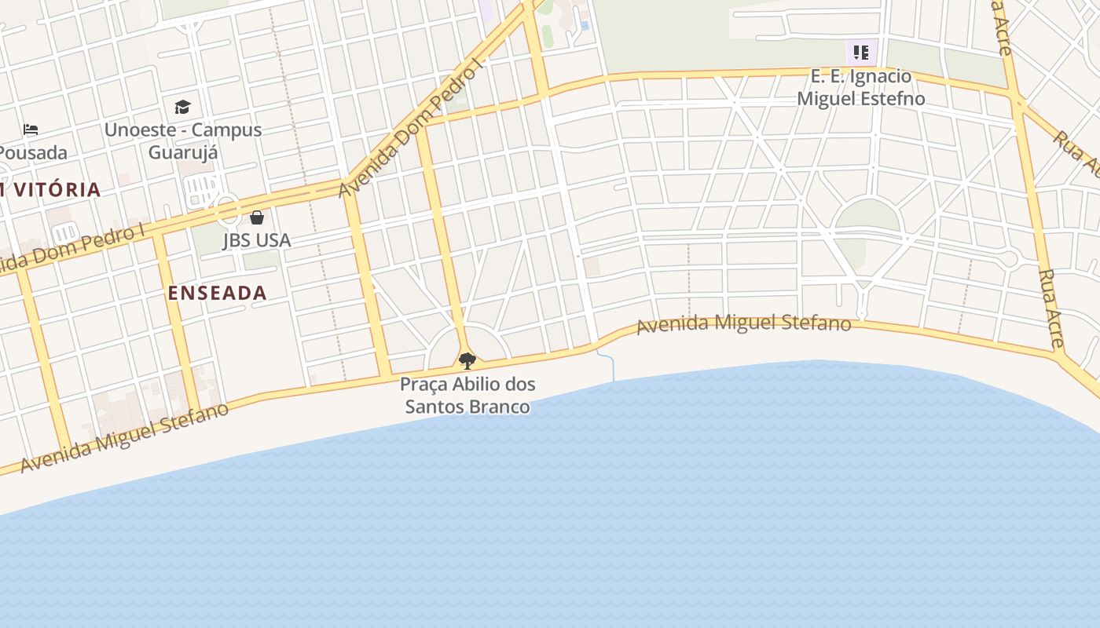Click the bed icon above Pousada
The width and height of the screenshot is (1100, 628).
[31, 129]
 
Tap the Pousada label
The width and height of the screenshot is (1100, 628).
[33, 152]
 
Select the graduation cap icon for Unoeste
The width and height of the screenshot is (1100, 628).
[182, 107]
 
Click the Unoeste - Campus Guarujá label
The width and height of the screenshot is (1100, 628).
[183, 141]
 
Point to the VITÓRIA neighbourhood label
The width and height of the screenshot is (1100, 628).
[52, 189]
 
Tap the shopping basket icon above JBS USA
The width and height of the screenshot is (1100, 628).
[257, 217]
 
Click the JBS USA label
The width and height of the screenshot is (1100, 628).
[257, 240]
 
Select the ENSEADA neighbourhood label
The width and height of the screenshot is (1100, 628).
[218, 293]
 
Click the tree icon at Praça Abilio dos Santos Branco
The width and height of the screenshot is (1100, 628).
[467, 361]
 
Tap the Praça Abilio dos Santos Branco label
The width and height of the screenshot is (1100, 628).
[467, 395]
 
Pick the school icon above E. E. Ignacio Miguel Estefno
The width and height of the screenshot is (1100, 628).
[861, 53]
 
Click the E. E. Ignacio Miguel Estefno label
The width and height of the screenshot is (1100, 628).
[861, 87]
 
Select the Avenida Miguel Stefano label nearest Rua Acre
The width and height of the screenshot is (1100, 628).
[743, 323]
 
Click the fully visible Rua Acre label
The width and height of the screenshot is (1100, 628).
[1050, 308]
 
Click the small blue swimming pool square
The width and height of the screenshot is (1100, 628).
[585, 25]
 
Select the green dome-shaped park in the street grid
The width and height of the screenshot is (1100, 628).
[867, 215]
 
